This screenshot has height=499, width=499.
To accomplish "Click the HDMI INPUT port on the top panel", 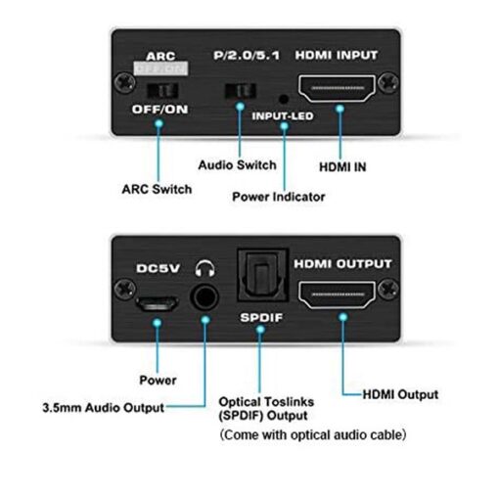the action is tap(337, 88).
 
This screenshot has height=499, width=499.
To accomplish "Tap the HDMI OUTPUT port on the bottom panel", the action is tap(337, 295).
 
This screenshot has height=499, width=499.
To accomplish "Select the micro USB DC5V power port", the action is tap(157, 303).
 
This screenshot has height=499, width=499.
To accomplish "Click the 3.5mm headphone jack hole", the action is tap(204, 297).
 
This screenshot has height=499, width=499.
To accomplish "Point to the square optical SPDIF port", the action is tap(263, 275).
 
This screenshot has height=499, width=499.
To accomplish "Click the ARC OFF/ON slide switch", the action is tap(162, 91).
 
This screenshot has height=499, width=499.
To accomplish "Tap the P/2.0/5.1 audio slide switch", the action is tap(241, 91).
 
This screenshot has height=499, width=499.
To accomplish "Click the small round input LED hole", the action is tap(284, 99).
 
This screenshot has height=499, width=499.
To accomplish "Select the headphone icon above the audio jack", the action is tap(204, 269).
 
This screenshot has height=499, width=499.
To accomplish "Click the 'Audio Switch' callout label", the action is tap(237, 165).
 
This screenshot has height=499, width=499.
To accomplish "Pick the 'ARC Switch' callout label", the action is tap(157, 189).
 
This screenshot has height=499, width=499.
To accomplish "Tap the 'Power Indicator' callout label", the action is tap(279, 197).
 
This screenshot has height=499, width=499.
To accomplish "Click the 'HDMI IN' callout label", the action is tap(342, 167).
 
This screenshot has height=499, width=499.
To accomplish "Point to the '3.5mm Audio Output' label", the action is tap(104, 408).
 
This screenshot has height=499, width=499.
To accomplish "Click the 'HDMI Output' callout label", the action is tap(400, 394).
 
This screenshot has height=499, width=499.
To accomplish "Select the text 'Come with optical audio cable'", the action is tap(313, 434).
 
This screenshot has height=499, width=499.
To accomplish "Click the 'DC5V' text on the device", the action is tap(158, 268).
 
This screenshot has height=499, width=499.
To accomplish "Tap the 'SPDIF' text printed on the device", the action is tap(261, 317).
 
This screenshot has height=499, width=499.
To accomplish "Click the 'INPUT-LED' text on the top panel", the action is tap(283, 115).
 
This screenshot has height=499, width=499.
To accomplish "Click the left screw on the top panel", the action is tap(124, 82).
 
